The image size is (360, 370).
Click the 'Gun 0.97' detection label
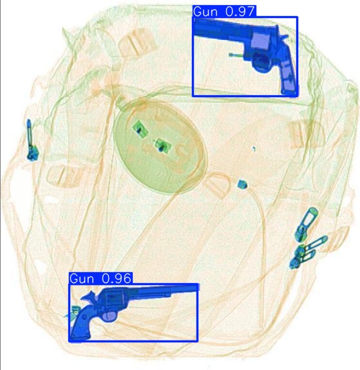[224, 12]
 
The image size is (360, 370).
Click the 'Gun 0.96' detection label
[100, 279]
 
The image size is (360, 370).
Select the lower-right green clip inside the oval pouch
[162, 145]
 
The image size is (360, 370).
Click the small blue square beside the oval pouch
[242, 185]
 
